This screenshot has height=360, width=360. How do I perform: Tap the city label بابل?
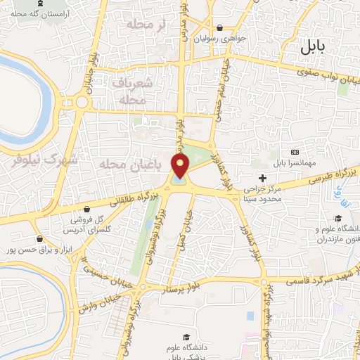pyautogui.click(x=313, y=47)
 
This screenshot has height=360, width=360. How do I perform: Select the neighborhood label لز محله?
pyautogui.click(x=149, y=25)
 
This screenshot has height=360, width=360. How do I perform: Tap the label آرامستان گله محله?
pyautogui.click(x=49, y=13)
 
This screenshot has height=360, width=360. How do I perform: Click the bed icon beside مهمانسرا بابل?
pyautogui.click(x=294, y=153)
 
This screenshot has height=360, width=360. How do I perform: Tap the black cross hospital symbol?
pyautogui.click(x=262, y=178)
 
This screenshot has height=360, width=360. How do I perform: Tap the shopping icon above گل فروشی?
pyautogui.click(x=85, y=209)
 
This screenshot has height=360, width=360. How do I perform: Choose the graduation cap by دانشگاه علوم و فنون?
pyautogui.click(x=337, y=218)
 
